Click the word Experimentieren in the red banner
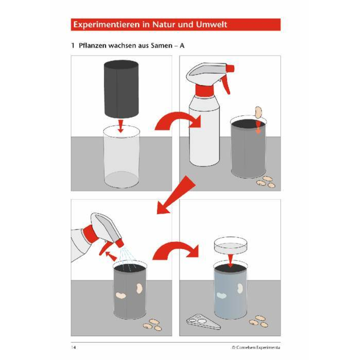pos(107,24)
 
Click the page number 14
pos(73,347)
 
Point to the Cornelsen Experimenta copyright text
pos(256,347)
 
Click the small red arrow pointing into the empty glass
pos(121,126)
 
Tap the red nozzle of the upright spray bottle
pos(230,68)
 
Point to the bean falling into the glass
pos(258,112)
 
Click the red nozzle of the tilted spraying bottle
pos(120,243)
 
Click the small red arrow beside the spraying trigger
pos(111,256)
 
